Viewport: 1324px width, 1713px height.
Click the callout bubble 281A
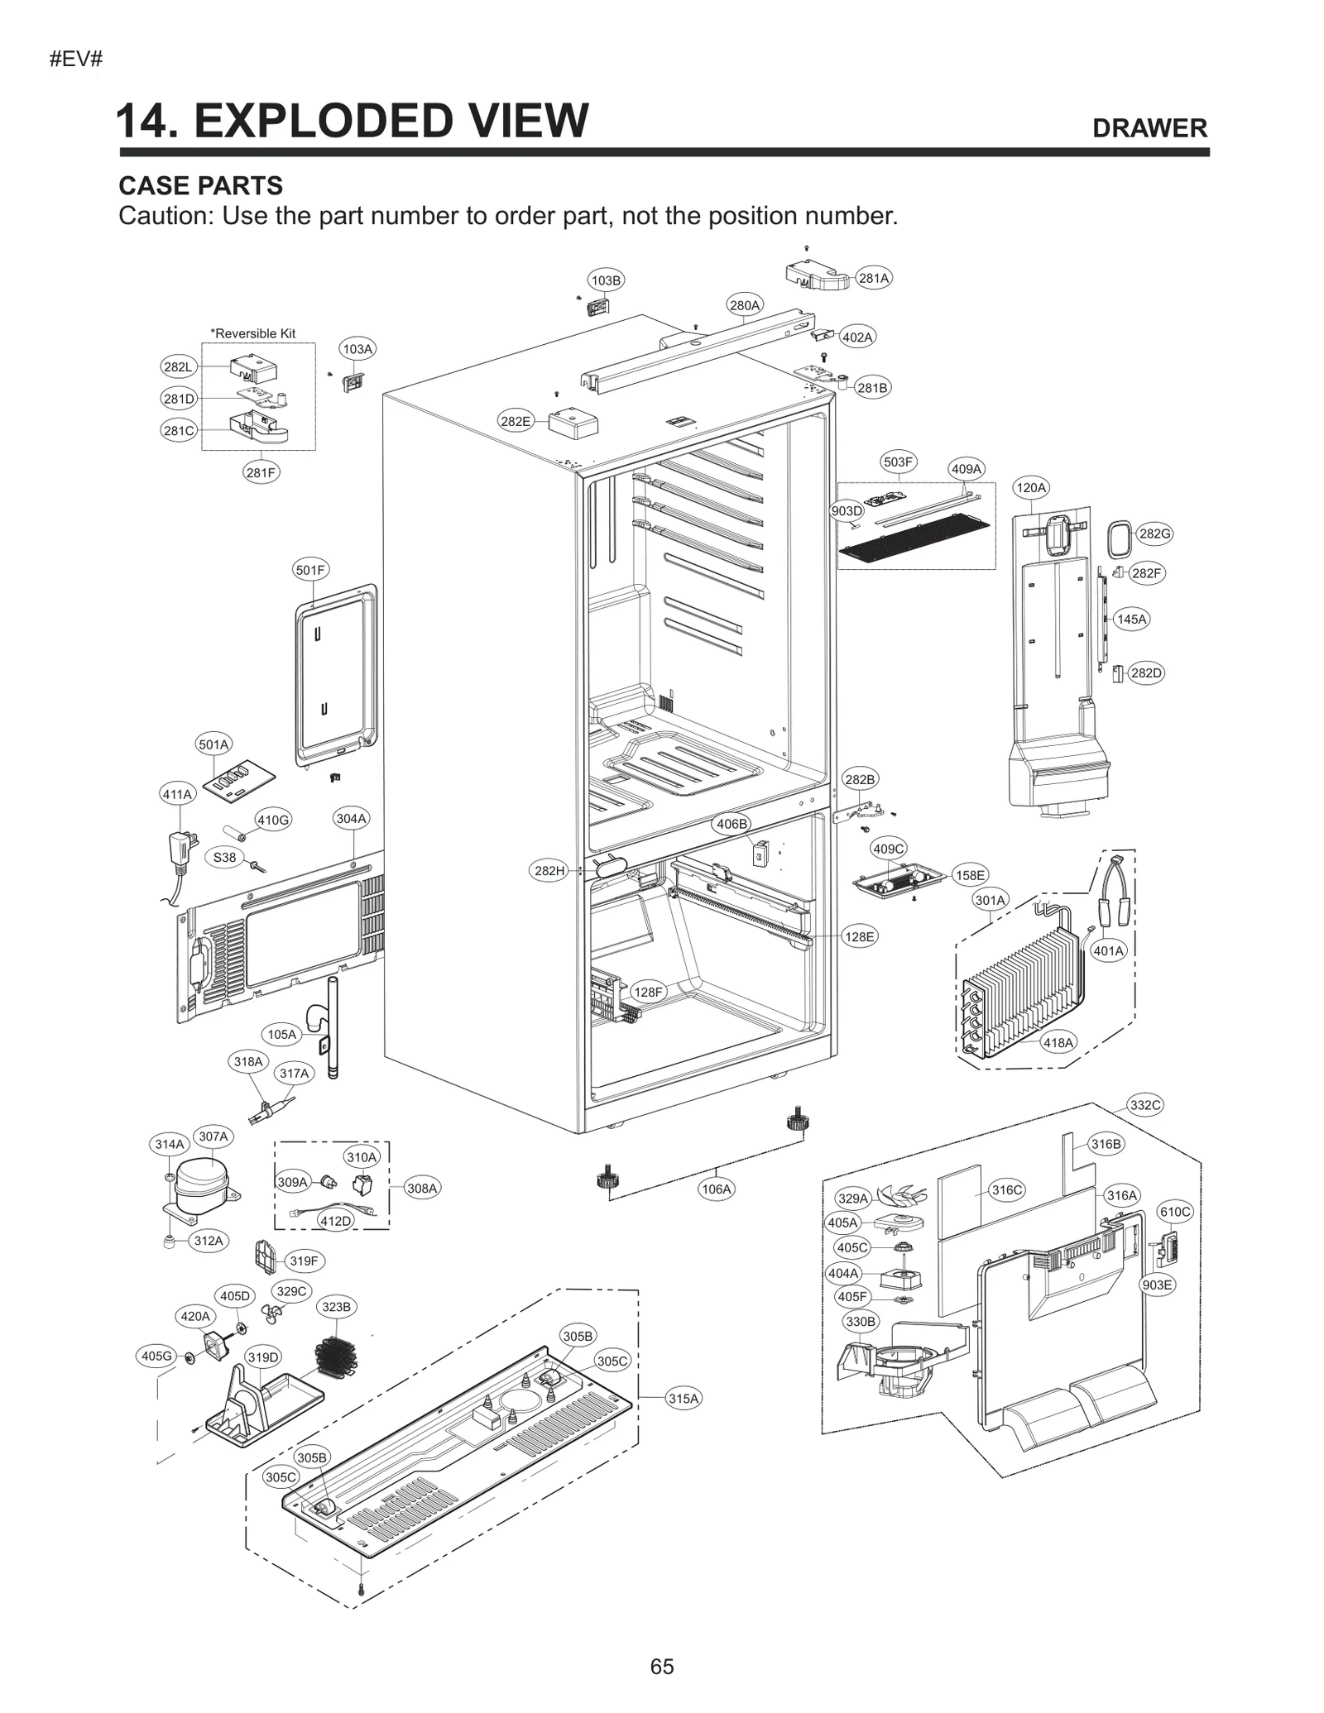coord(873,278)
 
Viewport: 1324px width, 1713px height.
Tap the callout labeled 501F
coord(311,570)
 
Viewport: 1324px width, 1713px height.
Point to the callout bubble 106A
coord(716,1189)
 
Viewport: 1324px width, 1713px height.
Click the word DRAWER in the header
coord(1149,128)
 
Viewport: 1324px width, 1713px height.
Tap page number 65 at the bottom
coord(662,1667)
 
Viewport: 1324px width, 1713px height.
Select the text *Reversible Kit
coord(253,333)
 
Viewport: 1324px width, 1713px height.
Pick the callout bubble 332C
coord(1145,1105)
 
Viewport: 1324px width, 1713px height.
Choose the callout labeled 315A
coord(684,1399)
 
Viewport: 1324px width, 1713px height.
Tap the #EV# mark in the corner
coord(75,60)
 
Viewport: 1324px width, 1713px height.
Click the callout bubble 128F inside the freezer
coord(648,992)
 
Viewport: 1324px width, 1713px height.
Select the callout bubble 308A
coord(421,1189)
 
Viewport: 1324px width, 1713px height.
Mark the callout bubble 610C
coord(1175,1212)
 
